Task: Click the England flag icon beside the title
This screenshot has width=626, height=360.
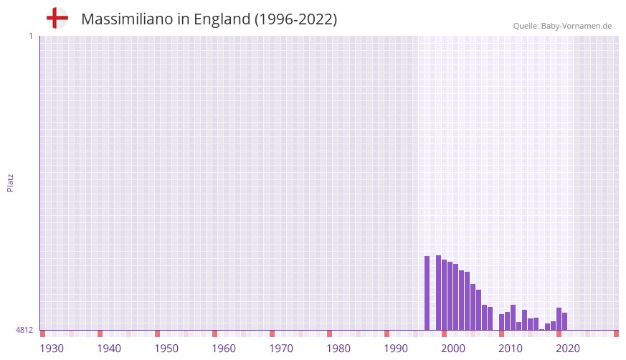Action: [57, 18]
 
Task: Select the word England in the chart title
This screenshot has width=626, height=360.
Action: [222, 19]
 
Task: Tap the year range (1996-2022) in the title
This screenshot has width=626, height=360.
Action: [295, 19]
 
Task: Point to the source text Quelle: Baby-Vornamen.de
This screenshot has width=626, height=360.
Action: [562, 26]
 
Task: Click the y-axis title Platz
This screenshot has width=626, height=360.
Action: [10, 182]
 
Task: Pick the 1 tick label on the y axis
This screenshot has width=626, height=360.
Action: [30, 36]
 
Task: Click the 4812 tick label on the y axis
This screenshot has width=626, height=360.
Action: [24, 331]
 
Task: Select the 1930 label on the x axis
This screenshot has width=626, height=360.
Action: [52, 349]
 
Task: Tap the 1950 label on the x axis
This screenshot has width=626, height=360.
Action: [166, 349]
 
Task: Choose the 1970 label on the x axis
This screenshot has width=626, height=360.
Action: [281, 349]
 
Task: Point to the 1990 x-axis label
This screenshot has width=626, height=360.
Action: [396, 349]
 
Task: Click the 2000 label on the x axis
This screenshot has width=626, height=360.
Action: [453, 349]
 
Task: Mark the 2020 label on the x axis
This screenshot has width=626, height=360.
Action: [568, 349]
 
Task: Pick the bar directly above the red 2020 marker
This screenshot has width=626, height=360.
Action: [559, 319]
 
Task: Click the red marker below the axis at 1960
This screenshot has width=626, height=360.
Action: [214, 333]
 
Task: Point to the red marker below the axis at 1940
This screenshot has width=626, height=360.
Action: [100, 333]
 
